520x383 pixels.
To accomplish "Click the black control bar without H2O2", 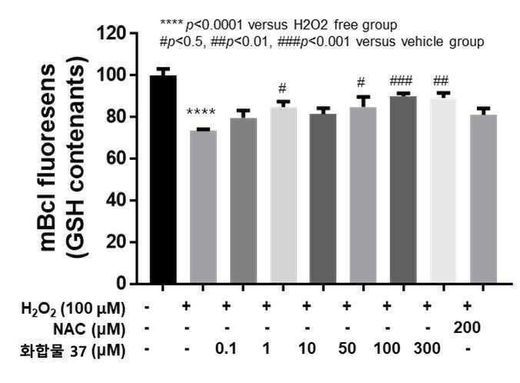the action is click(x=163, y=179).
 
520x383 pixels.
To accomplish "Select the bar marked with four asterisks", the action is click(x=203, y=207).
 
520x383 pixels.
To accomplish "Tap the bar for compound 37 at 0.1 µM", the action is click(x=243, y=201).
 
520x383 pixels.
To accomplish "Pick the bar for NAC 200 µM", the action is click(x=483, y=199).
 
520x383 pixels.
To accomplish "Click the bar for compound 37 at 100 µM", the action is click(x=403, y=190).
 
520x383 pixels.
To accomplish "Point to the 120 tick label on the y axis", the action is click(x=112, y=33).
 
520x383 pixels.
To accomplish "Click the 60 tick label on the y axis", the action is click(x=116, y=158).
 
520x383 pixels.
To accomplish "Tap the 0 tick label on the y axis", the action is click(x=122, y=284).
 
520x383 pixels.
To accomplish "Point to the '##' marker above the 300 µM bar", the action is click(x=441, y=81).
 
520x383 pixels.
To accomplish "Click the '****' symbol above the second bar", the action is click(x=201, y=112).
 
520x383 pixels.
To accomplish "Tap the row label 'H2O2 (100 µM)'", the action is click(x=73, y=308).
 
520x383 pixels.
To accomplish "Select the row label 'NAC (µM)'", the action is click(x=89, y=329).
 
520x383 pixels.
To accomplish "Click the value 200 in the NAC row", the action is click(x=467, y=328).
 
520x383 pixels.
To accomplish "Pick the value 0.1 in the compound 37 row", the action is click(x=226, y=348).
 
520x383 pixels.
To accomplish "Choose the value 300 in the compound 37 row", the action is click(x=427, y=348).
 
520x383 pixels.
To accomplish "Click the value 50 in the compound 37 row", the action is click(x=347, y=348).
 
